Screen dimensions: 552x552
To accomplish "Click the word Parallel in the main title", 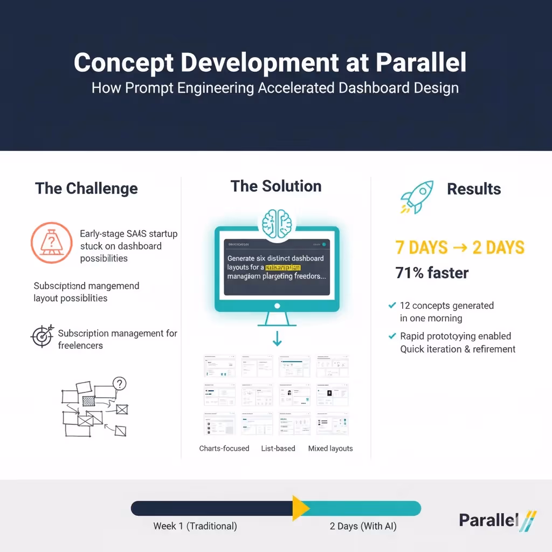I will click(420, 63).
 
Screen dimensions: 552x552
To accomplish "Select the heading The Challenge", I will click(86, 189).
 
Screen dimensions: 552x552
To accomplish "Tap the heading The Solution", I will click(276, 187).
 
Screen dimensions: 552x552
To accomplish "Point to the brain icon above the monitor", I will click(277, 223).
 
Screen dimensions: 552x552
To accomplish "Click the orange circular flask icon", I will click(51, 243).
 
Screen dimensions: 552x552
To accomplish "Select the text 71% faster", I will click(432, 273).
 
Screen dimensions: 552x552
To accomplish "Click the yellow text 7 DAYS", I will click(421, 247).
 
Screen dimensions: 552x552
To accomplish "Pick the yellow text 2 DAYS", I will click(498, 247).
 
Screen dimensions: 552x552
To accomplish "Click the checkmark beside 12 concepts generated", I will click(392, 306).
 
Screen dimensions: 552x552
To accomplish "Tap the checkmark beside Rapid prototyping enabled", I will click(392, 336).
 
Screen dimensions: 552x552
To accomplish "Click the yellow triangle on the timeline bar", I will click(300, 508).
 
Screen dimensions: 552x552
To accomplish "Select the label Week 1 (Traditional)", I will click(195, 526).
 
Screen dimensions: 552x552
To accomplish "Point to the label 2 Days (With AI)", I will click(363, 526).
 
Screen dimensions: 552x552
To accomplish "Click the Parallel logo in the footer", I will click(497, 521).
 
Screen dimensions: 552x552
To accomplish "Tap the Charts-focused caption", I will click(224, 448).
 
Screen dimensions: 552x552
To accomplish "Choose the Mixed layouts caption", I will click(330, 448).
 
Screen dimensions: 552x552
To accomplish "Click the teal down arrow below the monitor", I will click(277, 339).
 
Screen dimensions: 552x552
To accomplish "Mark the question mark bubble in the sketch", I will click(119, 384).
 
